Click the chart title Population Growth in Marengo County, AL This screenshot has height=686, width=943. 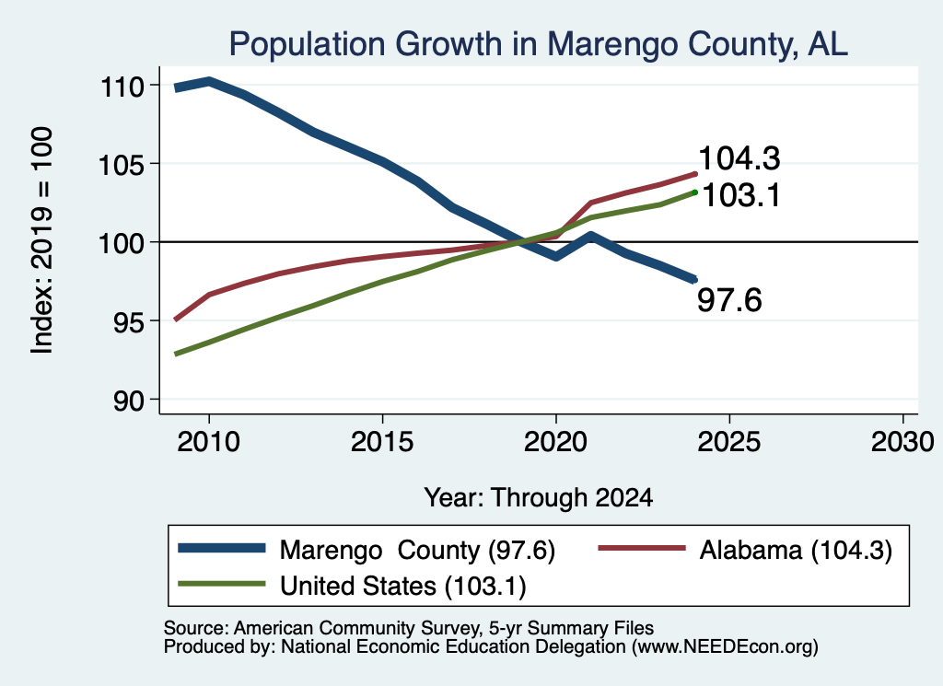[x=538, y=45]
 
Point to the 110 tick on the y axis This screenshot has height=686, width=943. [x=122, y=87]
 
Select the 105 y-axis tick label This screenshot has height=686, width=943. [x=122, y=165]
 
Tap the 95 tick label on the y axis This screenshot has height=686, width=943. [x=129, y=322]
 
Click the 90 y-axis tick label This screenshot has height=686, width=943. [x=129, y=401]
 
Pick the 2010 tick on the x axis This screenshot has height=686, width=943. [x=209, y=442]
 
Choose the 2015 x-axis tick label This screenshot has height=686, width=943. [x=382, y=442]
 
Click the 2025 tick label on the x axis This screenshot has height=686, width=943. [x=729, y=442]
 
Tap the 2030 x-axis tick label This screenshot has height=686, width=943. [x=902, y=442]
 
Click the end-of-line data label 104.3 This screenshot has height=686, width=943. [x=739, y=158]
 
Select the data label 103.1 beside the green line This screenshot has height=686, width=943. [x=741, y=195]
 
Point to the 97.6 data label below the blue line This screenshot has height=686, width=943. [x=729, y=300]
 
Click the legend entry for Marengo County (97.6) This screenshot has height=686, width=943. [x=367, y=550]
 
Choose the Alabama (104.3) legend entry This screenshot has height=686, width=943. [x=745, y=550]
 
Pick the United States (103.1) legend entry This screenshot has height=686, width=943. [x=353, y=586]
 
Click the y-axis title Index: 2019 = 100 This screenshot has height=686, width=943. [x=41, y=240]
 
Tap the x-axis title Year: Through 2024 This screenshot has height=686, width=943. [x=538, y=498]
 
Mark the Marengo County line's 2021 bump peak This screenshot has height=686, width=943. [x=591, y=236]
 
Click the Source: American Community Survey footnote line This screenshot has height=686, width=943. [x=408, y=628]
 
